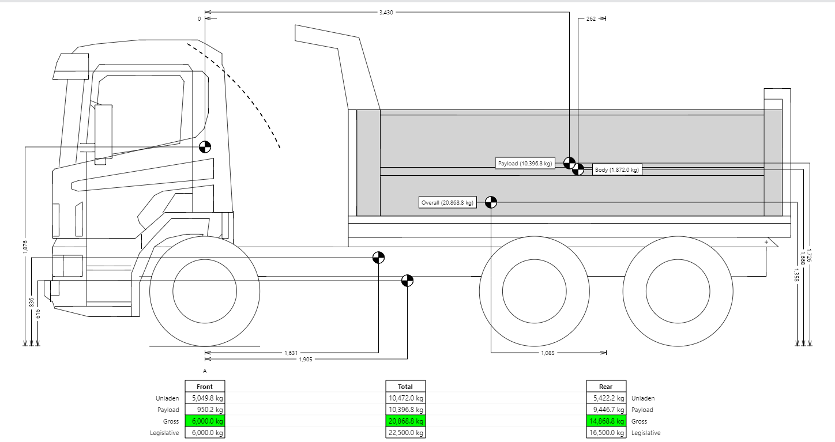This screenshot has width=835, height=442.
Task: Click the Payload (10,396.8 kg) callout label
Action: point(525,164)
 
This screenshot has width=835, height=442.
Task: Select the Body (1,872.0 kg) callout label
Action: point(617,170)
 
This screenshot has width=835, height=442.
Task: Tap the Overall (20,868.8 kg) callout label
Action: point(447,203)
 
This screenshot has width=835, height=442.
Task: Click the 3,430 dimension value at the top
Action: point(386,12)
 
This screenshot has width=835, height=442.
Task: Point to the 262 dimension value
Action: point(591,19)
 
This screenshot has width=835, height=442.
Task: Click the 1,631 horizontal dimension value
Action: point(291,353)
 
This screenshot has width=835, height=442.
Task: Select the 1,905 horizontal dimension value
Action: point(306,359)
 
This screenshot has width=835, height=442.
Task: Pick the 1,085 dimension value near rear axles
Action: point(548,353)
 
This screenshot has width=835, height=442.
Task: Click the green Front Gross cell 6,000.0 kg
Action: point(205,421)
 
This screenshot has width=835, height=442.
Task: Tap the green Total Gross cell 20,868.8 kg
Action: point(405,421)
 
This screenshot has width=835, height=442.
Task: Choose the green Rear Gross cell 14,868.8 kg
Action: point(606,421)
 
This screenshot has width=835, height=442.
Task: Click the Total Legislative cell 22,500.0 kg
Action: point(405,433)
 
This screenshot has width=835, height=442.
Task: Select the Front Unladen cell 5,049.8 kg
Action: point(205,398)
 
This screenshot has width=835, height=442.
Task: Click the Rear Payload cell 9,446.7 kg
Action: point(606,410)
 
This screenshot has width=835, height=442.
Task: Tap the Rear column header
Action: point(606,387)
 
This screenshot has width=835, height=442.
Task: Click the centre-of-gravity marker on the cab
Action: point(205,147)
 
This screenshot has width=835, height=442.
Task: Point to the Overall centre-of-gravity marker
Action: point(491,202)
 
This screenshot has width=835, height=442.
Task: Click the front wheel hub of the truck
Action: point(205,288)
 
